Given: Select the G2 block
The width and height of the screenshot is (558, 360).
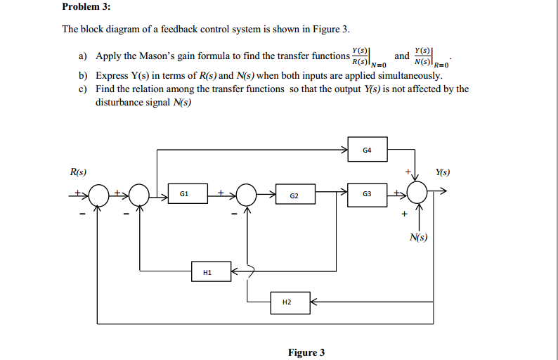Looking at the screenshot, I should click(x=294, y=195).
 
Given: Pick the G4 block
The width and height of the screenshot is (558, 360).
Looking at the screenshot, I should click(x=368, y=150).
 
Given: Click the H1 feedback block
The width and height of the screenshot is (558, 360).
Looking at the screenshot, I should click(x=211, y=271).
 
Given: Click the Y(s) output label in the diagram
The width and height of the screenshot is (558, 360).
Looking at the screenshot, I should click(x=443, y=172).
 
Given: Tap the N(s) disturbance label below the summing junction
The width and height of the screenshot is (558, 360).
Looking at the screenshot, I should click(x=418, y=237).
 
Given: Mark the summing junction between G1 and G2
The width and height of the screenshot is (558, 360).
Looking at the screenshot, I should click(x=246, y=195).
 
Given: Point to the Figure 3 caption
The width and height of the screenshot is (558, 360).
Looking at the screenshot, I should click(x=306, y=352).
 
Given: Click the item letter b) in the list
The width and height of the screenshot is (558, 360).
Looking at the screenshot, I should click(x=83, y=75).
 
